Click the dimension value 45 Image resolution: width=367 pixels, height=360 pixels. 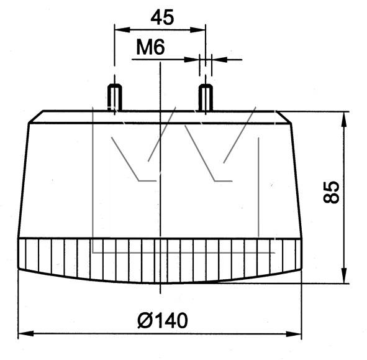point(162,17)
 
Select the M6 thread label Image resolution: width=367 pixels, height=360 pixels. point(150,47)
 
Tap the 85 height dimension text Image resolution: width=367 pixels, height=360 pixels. point(331,192)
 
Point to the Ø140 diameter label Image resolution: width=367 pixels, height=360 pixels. point(163,321)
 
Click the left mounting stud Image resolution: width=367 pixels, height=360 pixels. point(114,97)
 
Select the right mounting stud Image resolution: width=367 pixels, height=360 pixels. point(206,97)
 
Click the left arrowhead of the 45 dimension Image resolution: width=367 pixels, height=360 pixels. point(122,30)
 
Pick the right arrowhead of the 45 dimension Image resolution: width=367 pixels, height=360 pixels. point(198,30)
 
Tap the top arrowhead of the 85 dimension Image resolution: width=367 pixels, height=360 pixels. point(344,120)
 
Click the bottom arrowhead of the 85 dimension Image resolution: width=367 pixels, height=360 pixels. point(344,275)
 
